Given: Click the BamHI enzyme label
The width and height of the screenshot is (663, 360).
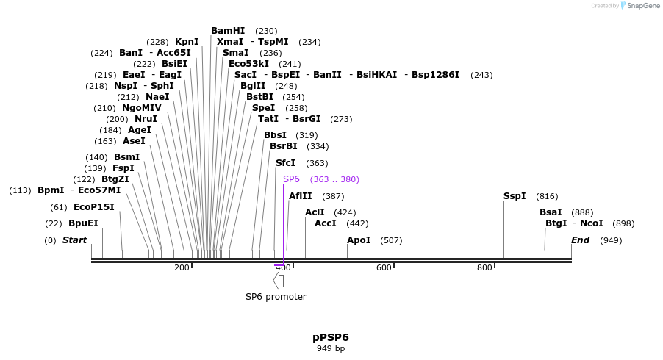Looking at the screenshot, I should click(228, 31).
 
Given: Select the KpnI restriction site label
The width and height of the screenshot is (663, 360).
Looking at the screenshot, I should click(187, 42).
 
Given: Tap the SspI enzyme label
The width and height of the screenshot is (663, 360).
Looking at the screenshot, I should click(515, 196).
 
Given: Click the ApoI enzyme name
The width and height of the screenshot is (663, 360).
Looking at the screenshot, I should click(359, 240).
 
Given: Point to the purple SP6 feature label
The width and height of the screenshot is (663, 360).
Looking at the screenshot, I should click(291, 179).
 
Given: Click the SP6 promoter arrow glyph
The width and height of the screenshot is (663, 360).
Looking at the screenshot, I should click(279, 280).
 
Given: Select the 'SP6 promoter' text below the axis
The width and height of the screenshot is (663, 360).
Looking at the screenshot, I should click(276, 297).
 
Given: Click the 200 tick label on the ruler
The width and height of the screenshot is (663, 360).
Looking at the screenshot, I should click(182, 268).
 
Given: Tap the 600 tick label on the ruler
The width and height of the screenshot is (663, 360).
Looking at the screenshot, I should click(384, 268).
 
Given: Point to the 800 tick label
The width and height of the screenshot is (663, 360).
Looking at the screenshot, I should click(484, 268).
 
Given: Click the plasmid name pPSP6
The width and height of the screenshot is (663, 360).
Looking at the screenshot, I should click(331, 337).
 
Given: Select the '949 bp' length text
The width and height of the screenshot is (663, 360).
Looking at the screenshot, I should click(331, 348).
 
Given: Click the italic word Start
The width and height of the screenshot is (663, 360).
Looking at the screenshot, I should click(74, 240).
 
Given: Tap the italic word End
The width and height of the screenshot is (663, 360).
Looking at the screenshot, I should click(581, 240).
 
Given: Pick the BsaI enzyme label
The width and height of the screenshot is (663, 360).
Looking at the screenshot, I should click(551, 212).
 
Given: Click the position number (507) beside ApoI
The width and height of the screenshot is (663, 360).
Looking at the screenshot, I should click(391, 240).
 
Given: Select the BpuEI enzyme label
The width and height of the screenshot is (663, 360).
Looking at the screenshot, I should click(83, 223).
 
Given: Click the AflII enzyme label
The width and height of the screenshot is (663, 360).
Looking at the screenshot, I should click(301, 196).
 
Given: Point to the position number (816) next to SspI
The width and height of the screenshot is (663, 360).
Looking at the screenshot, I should click(547, 196).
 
